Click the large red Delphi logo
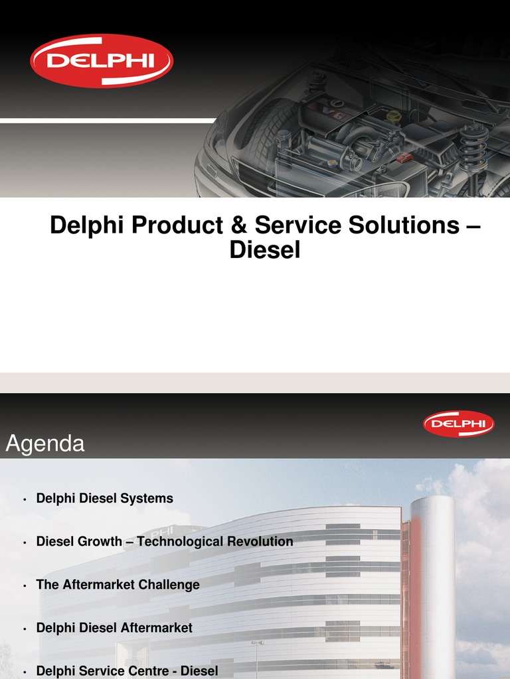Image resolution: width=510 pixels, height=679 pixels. (x=101, y=61)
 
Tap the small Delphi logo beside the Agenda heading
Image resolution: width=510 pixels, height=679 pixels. (x=458, y=423)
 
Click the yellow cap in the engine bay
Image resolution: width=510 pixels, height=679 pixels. (x=394, y=117)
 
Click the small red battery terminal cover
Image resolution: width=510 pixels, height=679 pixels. (x=404, y=158)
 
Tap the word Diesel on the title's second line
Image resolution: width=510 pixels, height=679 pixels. (x=264, y=250)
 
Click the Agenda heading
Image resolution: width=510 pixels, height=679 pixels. (x=45, y=444)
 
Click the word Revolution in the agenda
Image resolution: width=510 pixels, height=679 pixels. (x=260, y=541)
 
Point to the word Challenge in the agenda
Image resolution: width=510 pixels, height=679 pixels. (x=170, y=584)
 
